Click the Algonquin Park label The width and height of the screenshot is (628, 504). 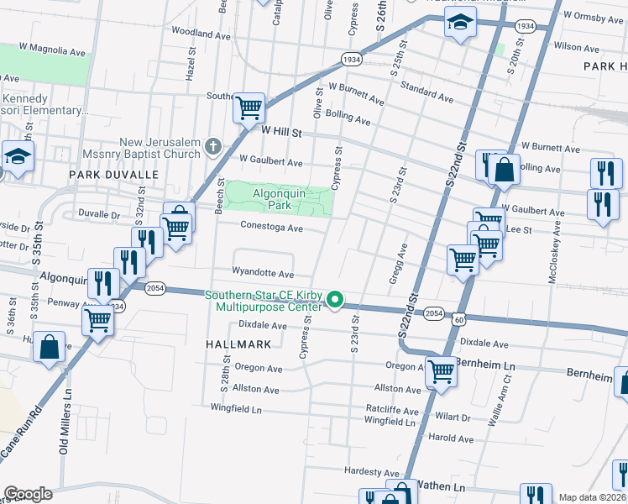pos(279,199)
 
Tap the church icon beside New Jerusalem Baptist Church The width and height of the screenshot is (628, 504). pos(213,148)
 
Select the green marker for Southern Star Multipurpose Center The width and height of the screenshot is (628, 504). pos(335,300)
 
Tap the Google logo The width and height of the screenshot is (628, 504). pos(28,494)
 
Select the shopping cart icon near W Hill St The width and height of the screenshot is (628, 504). pos(249,108)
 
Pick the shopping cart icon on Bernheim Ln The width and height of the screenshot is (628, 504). pos(441,370)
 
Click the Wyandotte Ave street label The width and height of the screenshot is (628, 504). pos(264,274)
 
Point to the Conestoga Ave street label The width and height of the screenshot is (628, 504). pos(271,228)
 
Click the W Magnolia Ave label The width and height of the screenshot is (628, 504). pos(54,52)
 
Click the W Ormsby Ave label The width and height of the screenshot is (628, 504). pos(594,15)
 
